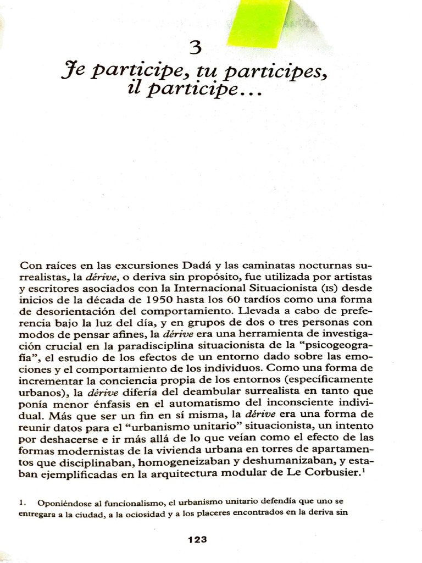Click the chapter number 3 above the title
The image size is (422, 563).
[195, 48]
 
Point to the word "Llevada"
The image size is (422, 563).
[260, 312]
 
